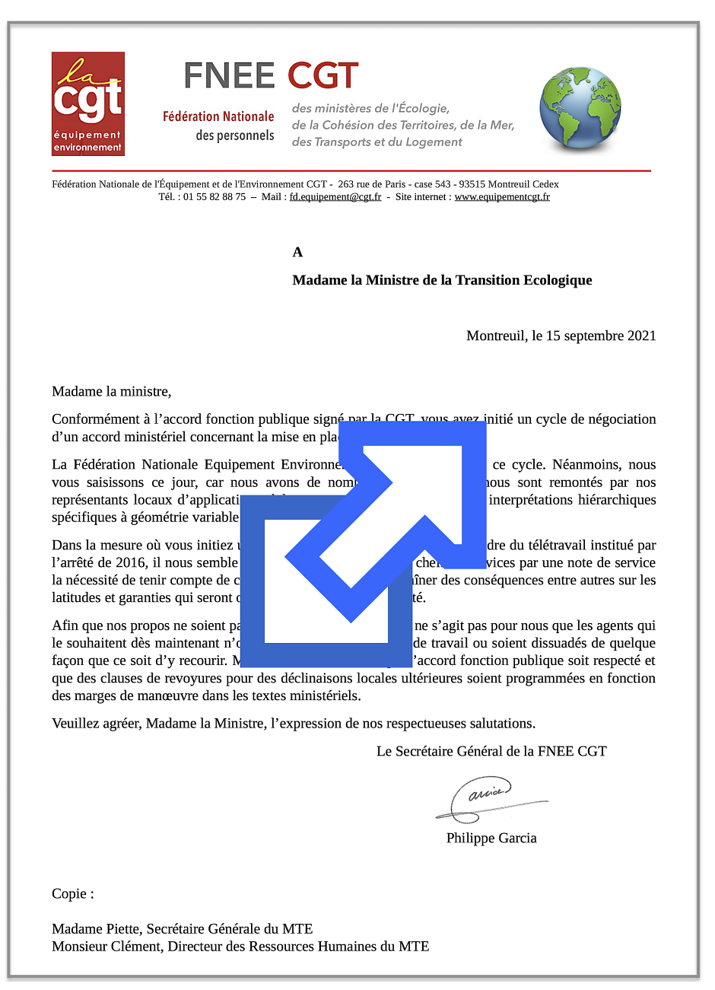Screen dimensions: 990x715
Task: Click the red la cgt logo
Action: click(88, 103)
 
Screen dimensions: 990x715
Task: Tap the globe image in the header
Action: click(580, 108)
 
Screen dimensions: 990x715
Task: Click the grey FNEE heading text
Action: click(229, 76)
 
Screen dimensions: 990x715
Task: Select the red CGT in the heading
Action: click(323, 76)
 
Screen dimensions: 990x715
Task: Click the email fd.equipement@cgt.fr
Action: click(335, 196)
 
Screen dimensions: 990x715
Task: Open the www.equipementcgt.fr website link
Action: click(502, 196)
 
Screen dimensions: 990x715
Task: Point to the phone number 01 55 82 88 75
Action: click(214, 196)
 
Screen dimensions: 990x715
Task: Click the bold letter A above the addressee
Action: click(297, 252)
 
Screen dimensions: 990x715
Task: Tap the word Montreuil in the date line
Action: click(495, 336)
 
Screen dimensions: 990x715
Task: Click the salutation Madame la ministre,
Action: click(112, 392)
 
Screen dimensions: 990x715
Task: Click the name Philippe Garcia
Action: click(491, 838)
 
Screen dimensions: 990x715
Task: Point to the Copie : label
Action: click(73, 893)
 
